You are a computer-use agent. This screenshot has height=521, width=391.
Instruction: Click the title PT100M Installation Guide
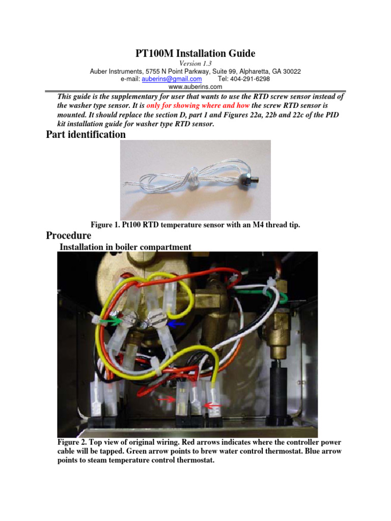(195, 53)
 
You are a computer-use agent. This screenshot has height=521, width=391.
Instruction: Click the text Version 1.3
(195, 63)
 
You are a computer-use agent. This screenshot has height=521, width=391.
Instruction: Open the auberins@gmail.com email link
(172, 79)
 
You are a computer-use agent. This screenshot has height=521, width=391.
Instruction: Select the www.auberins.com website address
(195, 87)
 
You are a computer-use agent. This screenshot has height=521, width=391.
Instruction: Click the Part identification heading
(86, 135)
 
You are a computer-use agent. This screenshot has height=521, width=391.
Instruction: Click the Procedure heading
(68, 236)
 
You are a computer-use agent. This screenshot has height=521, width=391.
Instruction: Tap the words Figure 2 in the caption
(74, 442)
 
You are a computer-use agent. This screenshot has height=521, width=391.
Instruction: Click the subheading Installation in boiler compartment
(125, 247)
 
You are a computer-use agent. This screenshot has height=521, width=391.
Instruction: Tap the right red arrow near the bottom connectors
(213, 405)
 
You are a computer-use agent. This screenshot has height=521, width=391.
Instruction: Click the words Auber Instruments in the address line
(114, 71)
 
